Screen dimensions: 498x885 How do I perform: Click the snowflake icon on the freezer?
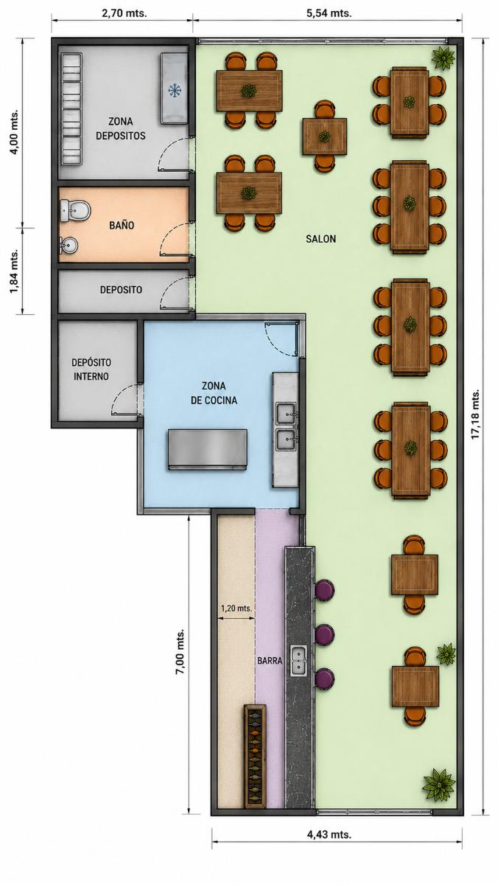click(175, 91)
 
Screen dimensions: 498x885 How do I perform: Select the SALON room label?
click(320, 239)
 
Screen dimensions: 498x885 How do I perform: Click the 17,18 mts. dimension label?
click(477, 414)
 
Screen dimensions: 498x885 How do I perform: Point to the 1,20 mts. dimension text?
click(236, 608)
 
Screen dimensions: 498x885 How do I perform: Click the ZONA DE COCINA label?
click(214, 392)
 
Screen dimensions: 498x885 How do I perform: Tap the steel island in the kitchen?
click(208, 450)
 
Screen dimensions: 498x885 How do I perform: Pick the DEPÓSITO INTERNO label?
click(91, 369)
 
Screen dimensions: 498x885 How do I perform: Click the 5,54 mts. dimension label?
click(329, 13)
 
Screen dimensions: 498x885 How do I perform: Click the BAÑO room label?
click(122, 225)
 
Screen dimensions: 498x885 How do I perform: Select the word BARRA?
click(270, 660)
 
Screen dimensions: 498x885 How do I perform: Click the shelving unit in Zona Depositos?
click(71, 108)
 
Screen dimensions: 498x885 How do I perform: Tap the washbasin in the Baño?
click(69, 246)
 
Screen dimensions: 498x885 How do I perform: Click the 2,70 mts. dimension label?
click(124, 13)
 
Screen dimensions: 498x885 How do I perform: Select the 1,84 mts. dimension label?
click(14, 271)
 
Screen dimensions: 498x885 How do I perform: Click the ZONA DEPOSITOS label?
click(121, 128)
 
